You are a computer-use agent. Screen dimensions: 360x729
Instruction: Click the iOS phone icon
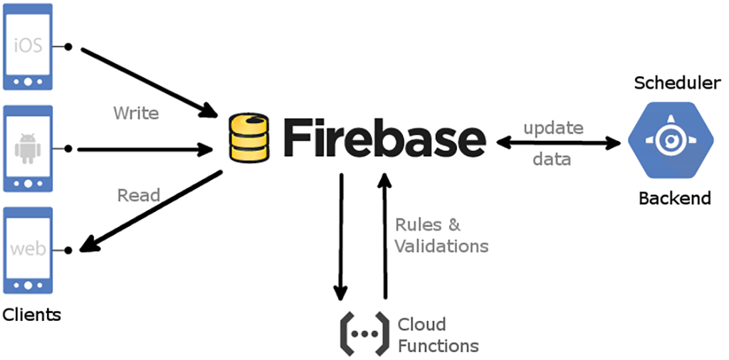(28, 47)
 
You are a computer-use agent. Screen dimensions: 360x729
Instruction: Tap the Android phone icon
(28, 149)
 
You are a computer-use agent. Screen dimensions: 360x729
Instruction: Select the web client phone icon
(28, 250)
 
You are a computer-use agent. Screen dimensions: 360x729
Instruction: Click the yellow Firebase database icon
(248, 139)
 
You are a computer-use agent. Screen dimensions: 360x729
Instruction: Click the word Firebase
(384, 137)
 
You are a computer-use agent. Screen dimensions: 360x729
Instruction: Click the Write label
(136, 113)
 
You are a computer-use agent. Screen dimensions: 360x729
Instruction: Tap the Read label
(139, 195)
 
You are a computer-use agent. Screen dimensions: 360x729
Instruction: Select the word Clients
(32, 314)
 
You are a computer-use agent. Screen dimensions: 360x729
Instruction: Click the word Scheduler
(677, 83)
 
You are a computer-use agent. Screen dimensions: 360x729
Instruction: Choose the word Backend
(674, 198)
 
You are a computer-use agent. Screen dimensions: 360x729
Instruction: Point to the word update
(553, 128)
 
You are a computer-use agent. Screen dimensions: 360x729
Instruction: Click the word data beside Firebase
(552, 159)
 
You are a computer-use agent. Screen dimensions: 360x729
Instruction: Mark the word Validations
(441, 246)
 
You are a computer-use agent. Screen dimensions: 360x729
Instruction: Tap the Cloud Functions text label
(438, 335)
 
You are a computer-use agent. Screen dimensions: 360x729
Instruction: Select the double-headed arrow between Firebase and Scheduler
(558, 143)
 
